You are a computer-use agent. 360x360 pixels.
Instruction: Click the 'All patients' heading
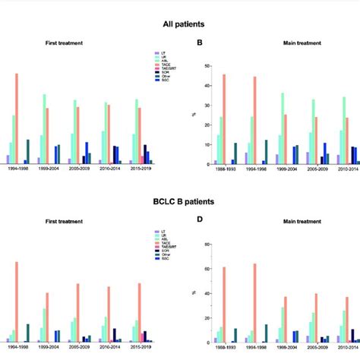(x=179, y=24)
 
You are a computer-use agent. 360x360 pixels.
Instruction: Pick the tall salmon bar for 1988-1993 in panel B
(x=224, y=119)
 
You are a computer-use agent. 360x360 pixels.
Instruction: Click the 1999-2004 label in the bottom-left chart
(x=52, y=348)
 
